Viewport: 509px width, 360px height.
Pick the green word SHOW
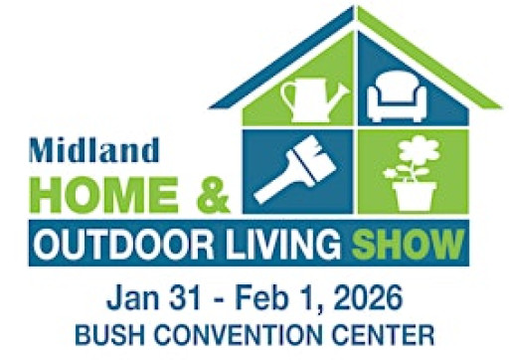417,242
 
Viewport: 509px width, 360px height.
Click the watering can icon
311,97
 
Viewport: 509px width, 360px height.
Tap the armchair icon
399,97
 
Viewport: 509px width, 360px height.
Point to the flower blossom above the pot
415,150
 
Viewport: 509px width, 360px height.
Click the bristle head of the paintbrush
315,150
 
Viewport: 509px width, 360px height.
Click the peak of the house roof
356,10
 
